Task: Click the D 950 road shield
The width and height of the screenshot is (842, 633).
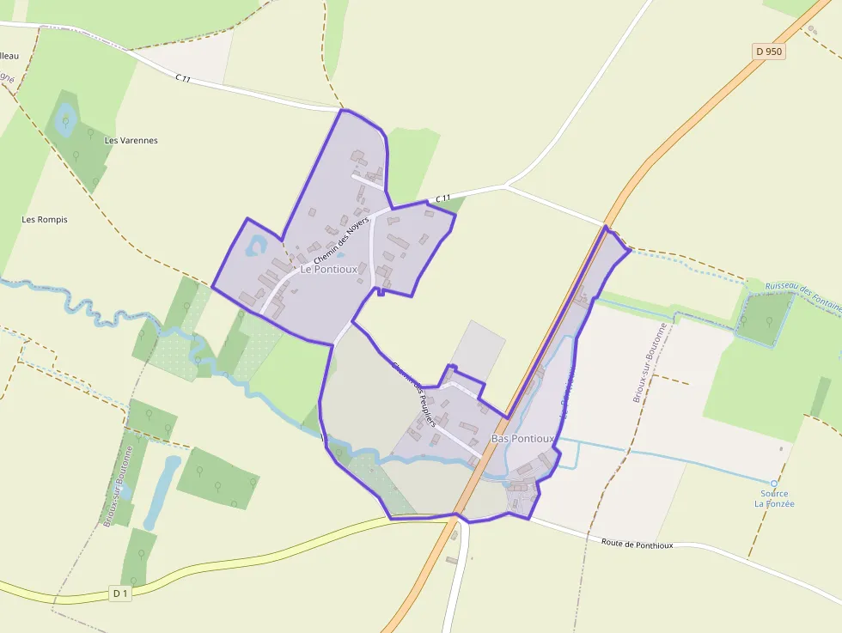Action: (x=769, y=52)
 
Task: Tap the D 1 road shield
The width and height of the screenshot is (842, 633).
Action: (x=119, y=593)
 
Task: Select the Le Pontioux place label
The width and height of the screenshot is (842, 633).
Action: (x=329, y=269)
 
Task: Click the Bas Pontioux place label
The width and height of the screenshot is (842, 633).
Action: (x=522, y=439)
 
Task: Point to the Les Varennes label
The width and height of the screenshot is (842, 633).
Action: (x=131, y=140)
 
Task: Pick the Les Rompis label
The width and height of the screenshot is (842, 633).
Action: (x=45, y=219)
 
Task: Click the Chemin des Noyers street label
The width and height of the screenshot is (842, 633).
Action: (x=340, y=240)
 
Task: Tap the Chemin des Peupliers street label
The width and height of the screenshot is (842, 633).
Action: (x=414, y=394)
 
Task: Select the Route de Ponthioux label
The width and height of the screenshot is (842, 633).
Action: (x=637, y=543)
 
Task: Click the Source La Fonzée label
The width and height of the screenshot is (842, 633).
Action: (x=774, y=498)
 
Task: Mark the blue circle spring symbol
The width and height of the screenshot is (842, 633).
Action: (x=773, y=484)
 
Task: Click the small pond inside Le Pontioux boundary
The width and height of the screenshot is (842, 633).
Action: (x=255, y=248)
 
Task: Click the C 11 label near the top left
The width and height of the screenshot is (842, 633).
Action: (x=182, y=78)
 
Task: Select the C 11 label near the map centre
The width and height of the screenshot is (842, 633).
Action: (x=442, y=198)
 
